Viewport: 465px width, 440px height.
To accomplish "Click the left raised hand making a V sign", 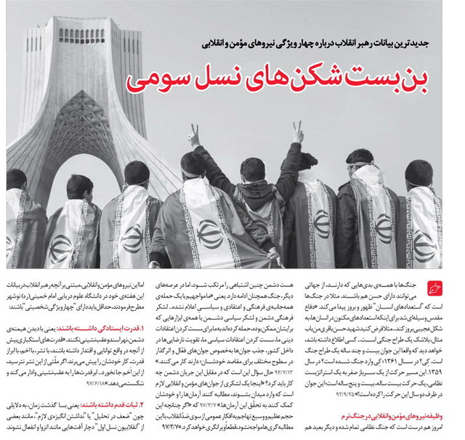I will point(194,135).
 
